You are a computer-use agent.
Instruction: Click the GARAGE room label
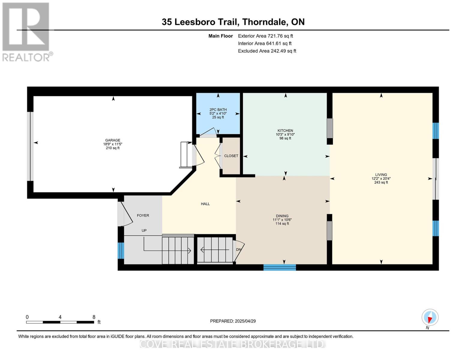(113, 140)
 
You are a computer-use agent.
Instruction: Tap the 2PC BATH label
(218, 109)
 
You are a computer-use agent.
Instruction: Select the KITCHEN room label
(285, 130)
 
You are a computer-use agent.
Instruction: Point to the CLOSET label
(231, 156)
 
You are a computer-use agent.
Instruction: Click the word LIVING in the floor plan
(381, 175)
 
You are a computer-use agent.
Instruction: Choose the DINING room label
(282, 216)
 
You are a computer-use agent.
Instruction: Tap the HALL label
(205, 204)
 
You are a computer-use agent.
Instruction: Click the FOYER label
(143, 215)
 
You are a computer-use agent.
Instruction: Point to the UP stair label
(144, 230)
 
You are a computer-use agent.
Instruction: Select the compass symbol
(430, 317)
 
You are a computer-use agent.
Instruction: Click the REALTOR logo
(27, 32)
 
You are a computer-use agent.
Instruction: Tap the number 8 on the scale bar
(94, 317)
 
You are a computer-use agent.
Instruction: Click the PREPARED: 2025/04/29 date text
(233, 321)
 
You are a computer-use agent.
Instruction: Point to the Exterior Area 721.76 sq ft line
(266, 36)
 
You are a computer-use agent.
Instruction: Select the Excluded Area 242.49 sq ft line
(267, 51)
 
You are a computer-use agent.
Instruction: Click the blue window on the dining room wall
(280, 268)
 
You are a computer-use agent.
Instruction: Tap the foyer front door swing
(125, 214)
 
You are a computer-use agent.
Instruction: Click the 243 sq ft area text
(381, 182)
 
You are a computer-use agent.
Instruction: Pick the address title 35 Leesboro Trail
(200, 22)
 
